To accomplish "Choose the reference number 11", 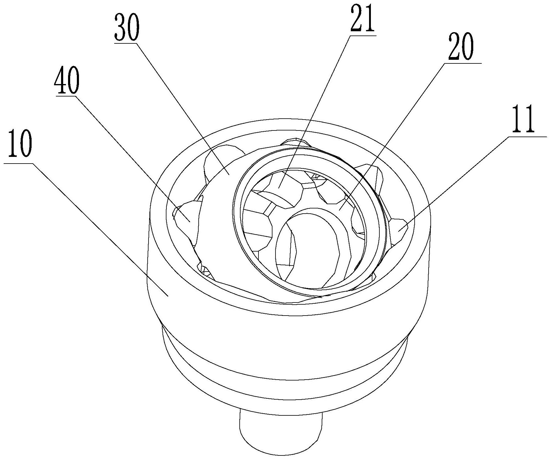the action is (523, 119).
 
